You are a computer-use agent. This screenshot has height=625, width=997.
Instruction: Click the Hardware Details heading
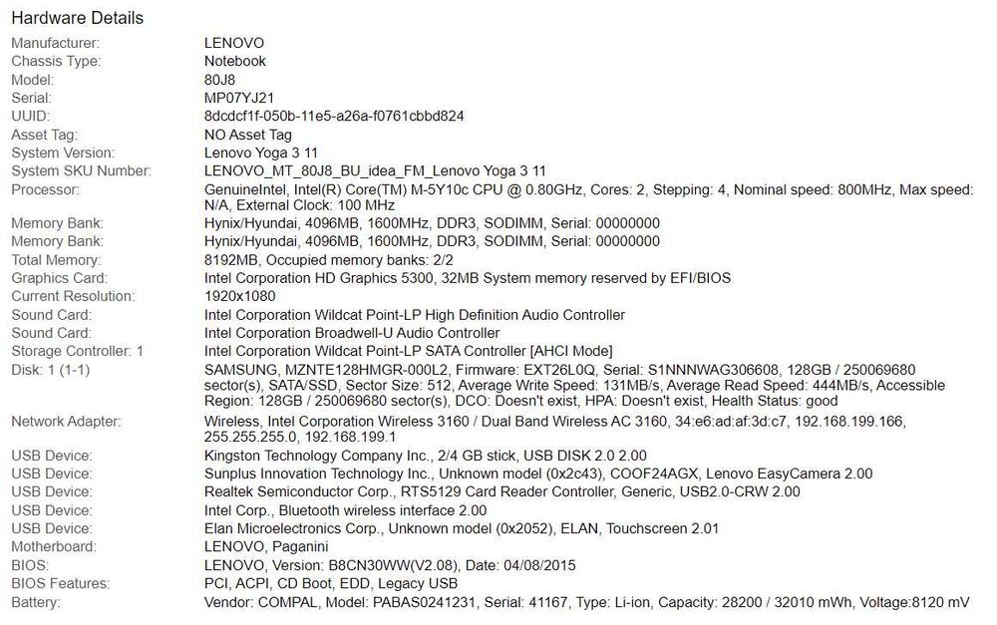tap(77, 18)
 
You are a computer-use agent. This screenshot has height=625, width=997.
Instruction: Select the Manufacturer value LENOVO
tap(234, 43)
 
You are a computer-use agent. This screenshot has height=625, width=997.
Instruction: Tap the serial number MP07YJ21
tap(239, 98)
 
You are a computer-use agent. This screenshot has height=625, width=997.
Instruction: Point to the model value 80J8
tap(221, 80)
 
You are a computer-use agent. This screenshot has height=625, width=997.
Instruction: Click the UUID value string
tap(334, 116)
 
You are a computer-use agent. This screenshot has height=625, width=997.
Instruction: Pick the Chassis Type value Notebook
tap(235, 61)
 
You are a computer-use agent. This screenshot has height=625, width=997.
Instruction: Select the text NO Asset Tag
tap(248, 135)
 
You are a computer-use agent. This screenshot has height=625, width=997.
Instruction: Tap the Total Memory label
tap(56, 260)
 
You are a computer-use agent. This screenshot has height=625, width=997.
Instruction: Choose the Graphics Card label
tap(59, 278)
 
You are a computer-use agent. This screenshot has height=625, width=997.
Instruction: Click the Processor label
tap(45, 189)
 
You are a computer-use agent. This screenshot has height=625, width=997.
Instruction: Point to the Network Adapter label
tap(65, 422)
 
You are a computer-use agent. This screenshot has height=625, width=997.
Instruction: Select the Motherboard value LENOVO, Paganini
tap(267, 546)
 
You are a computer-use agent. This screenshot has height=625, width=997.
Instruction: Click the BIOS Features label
tap(59, 583)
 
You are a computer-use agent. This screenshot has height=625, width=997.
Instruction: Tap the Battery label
tap(36, 602)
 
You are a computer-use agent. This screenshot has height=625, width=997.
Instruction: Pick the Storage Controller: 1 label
tap(77, 351)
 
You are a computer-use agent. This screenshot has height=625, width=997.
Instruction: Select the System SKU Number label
tap(81, 171)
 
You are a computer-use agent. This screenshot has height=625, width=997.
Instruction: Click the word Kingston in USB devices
tap(233, 456)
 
